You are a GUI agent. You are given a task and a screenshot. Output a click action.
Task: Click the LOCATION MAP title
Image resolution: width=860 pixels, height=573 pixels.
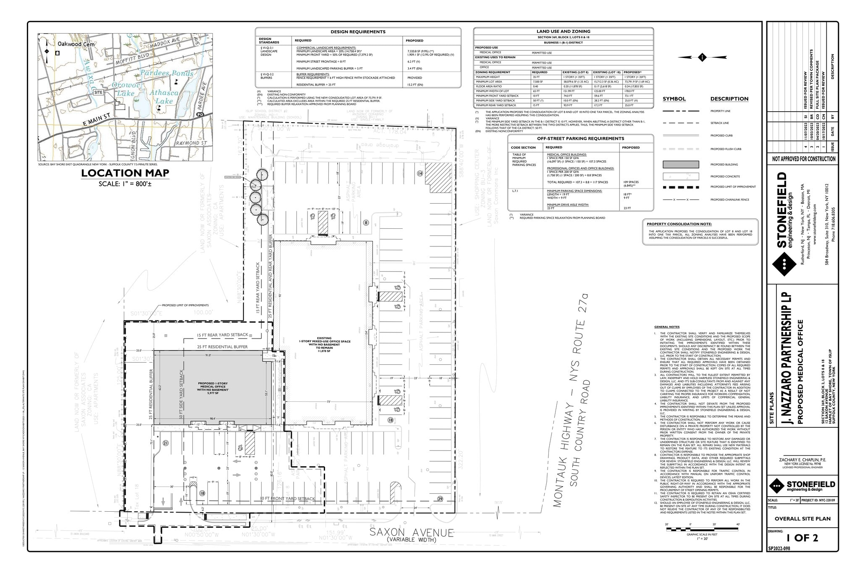point(125,173)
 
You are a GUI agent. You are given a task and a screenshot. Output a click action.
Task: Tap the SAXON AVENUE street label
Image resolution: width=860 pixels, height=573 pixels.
point(412,533)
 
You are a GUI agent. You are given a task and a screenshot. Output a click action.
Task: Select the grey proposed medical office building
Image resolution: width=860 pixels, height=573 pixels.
point(212,386)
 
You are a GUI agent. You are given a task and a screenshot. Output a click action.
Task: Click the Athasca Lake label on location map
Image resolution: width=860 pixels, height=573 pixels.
point(164,97)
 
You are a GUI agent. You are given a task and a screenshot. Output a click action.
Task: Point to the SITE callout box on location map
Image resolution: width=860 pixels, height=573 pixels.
point(98,92)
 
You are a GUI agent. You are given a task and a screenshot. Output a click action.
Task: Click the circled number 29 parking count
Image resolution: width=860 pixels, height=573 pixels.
point(440,499)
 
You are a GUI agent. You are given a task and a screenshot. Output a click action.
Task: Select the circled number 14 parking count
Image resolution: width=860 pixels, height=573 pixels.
point(420,173)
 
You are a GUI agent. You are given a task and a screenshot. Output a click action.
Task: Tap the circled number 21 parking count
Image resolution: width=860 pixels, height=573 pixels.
point(165,443)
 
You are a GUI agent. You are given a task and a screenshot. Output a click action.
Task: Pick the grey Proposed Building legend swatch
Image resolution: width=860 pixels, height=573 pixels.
point(681,165)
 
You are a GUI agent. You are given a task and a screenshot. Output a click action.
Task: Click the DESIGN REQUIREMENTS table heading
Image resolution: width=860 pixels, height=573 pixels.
point(358,32)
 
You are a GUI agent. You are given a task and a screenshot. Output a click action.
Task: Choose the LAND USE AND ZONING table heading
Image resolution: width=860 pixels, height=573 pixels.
point(563,31)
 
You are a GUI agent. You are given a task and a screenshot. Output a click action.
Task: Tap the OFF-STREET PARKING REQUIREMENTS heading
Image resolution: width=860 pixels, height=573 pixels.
point(580,139)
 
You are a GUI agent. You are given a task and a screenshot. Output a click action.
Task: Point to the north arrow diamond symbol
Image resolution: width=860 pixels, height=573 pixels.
point(702,57)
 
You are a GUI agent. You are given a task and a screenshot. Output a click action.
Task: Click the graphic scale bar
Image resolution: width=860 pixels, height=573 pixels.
point(702,528)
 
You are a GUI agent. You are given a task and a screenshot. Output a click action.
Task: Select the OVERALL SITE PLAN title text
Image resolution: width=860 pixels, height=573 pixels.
point(802,518)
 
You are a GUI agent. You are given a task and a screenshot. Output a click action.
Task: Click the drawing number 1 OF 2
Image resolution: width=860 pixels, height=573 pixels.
point(802,538)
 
